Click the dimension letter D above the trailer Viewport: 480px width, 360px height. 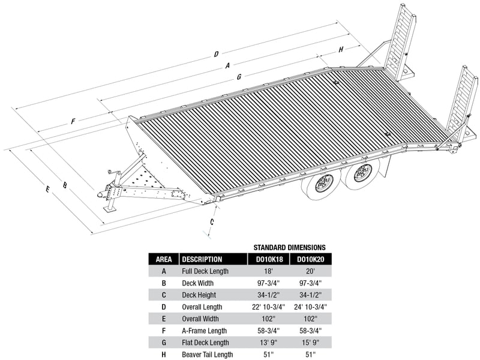pos(216,55)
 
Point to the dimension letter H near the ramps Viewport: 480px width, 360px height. pos(341,50)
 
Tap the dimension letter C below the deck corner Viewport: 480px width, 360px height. pos(211,221)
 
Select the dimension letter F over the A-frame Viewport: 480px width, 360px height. pos(73,121)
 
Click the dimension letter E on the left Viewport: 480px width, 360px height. pos(47,190)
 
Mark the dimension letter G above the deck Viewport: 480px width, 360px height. pos(239,77)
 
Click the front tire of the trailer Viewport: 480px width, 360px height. pos(322,183)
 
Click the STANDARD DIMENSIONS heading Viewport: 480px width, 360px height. pos(289,247)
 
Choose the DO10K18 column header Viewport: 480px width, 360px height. pos(268,259)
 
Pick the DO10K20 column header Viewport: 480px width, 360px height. pos(310,259)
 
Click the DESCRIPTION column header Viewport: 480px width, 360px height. pos(202,259)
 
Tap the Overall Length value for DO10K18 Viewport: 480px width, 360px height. pos(268,307)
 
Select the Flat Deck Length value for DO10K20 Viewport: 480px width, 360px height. pos(310,343)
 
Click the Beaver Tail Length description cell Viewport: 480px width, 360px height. pos(208,355)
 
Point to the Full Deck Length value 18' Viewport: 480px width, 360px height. pos(268,271)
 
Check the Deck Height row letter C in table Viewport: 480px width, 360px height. pos(164,295)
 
